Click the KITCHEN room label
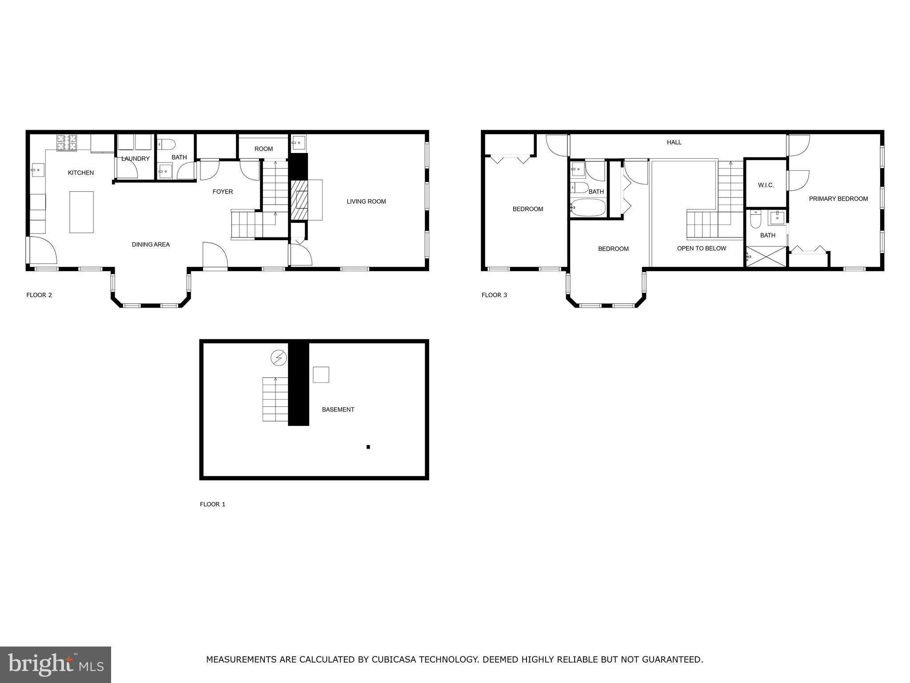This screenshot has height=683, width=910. (x=81, y=173)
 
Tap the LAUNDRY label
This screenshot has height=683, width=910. (x=136, y=159)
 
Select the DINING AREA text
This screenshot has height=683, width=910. (x=151, y=245)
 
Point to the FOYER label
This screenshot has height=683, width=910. (x=223, y=192)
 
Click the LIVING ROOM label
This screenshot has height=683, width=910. (x=366, y=201)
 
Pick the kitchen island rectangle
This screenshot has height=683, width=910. (x=81, y=212)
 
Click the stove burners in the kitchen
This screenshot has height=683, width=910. (x=66, y=142)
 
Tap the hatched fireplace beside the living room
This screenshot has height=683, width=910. (x=299, y=200)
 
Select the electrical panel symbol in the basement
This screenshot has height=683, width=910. (x=279, y=358)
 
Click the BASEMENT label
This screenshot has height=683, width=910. (x=338, y=410)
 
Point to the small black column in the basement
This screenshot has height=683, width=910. (x=368, y=447)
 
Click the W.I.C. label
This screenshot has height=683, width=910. (x=766, y=185)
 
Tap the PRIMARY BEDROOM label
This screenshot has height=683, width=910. (x=838, y=199)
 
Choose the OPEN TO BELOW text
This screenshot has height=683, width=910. (x=702, y=249)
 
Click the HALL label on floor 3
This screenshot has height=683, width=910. (x=674, y=142)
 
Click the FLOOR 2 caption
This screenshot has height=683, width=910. (x=39, y=295)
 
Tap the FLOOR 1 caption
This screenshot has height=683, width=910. (x=212, y=504)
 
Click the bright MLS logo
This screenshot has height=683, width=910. (x=56, y=665)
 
